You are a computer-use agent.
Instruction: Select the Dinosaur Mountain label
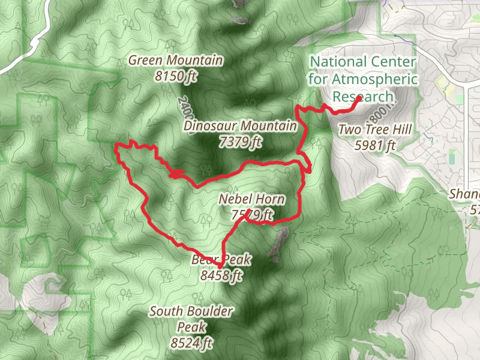coord(240,126)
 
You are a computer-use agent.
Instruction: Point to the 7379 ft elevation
coord(241,142)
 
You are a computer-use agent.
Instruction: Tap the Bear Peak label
coord(221,260)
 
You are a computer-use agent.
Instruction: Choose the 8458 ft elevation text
coord(222,276)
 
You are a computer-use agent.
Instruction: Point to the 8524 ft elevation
coord(192,343)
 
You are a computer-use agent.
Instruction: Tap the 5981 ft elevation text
coord(375,145)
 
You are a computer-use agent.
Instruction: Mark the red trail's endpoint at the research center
coord(358,98)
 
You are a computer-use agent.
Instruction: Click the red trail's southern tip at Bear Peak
coord(220,266)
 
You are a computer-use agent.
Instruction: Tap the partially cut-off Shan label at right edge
coord(464,194)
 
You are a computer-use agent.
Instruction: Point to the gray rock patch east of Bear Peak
coord(278,243)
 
